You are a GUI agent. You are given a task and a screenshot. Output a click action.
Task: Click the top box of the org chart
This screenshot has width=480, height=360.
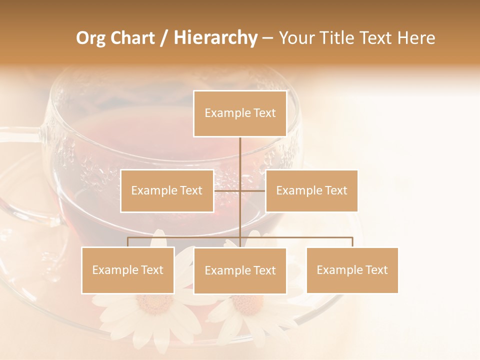240,113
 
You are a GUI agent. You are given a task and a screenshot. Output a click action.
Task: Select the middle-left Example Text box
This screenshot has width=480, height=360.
167,190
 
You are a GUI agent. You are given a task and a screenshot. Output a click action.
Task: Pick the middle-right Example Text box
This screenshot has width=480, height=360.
311,190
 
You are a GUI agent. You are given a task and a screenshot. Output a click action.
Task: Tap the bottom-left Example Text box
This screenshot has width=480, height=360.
128,270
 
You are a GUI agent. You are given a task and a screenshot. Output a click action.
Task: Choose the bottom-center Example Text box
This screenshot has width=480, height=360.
240,270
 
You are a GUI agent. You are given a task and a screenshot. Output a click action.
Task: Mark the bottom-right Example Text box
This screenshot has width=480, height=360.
352,270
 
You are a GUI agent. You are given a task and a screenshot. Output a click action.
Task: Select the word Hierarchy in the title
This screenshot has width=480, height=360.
215,38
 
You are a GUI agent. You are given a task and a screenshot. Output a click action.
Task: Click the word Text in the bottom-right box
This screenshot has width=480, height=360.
376,270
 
